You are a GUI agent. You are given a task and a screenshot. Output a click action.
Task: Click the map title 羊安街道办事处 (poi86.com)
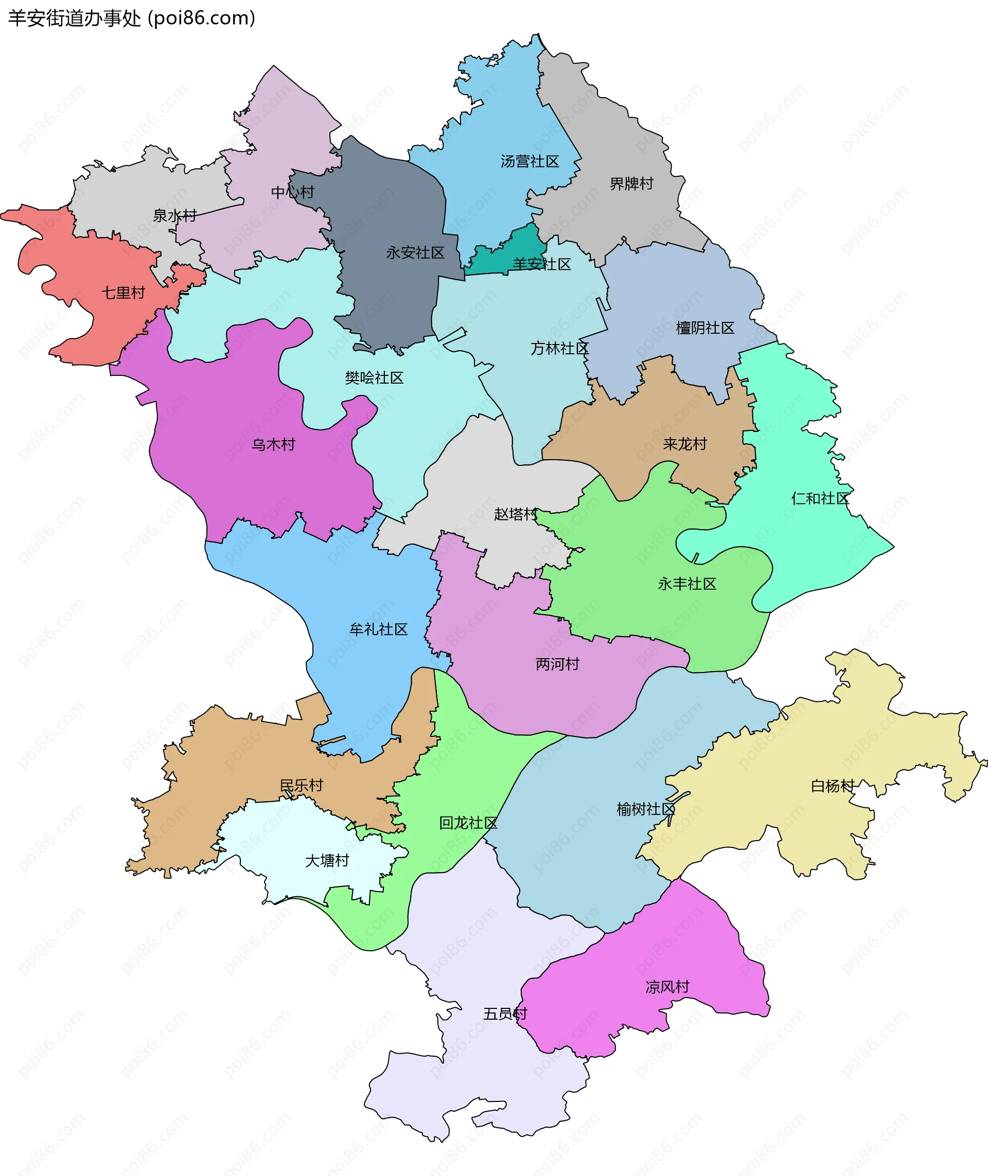(132, 19)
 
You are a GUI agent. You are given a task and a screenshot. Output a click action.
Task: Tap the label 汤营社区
(530, 162)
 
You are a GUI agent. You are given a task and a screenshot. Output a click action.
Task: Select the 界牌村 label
(631, 184)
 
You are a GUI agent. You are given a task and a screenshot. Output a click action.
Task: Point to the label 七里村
(123, 293)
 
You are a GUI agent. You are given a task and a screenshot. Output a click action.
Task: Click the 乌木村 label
(273, 445)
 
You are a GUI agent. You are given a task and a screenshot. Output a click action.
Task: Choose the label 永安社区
(415, 253)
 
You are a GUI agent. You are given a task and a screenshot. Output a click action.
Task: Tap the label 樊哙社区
(374, 378)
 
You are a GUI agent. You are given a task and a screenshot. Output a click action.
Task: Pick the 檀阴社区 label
(705, 328)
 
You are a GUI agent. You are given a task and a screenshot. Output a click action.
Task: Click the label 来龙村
(685, 445)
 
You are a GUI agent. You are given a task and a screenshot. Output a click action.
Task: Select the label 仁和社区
(820, 498)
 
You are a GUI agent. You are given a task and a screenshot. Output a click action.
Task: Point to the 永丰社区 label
(687, 584)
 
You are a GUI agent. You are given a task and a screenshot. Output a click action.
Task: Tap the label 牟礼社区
(379, 629)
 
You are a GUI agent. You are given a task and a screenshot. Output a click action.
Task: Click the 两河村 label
(558, 664)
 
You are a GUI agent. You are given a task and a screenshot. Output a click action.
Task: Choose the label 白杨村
(833, 786)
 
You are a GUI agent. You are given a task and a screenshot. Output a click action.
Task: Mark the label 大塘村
(327, 861)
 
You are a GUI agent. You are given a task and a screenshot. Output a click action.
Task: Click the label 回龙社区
(468, 823)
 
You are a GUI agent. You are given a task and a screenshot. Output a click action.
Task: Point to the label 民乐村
(302, 786)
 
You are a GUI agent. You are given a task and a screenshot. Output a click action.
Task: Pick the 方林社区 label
(560, 349)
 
